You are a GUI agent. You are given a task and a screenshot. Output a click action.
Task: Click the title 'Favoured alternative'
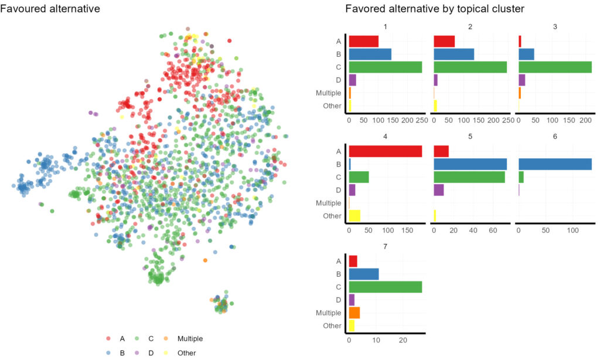(50, 9)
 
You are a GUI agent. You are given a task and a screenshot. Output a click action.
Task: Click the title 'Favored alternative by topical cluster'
(434, 9)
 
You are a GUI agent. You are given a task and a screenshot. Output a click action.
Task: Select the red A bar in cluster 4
(385, 151)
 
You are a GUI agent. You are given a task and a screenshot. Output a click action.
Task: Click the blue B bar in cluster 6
(555, 164)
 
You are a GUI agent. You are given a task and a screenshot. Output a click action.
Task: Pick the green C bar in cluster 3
(555, 67)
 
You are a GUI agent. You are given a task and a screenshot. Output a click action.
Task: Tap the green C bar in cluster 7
(385, 287)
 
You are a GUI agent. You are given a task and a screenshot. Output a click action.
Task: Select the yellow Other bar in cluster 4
(354, 215)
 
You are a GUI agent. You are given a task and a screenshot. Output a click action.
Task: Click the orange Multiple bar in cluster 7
(354, 313)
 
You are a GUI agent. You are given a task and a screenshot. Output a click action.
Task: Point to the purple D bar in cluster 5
(439, 190)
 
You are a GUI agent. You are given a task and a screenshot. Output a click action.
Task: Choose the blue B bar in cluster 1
(370, 54)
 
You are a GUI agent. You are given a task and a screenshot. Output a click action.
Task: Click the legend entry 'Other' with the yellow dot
(186, 353)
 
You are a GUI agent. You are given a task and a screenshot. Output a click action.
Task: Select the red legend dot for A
(108, 339)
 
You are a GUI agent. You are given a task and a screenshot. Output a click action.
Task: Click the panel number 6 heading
(555, 136)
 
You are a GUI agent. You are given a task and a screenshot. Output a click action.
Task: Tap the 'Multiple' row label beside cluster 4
(328, 203)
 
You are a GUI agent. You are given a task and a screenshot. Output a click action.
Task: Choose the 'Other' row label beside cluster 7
(332, 325)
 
